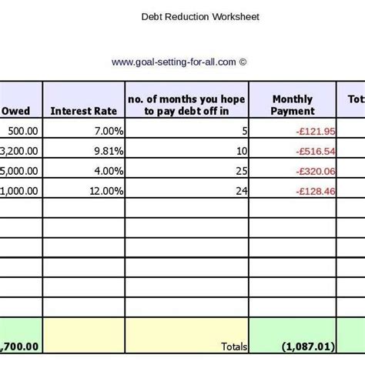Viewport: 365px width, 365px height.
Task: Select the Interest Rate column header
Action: pyautogui.click(x=82, y=111)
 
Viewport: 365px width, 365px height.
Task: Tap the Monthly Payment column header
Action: pyautogui.click(x=293, y=105)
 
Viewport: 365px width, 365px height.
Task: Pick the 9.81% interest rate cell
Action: pyautogui.click(x=103, y=150)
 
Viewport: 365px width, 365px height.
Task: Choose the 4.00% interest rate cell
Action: pyautogui.click(x=103, y=169)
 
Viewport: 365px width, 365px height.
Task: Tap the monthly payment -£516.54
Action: pyautogui.click(x=314, y=150)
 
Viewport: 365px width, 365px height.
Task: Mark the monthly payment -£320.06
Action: pyautogui.click(x=314, y=169)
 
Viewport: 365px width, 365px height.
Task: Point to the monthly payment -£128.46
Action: pyautogui.click(x=314, y=189)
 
